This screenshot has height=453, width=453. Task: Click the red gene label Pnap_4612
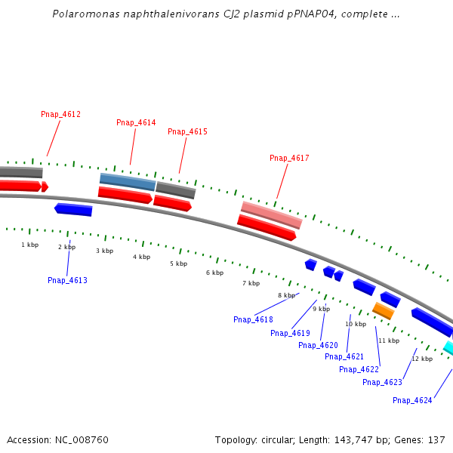pos(60,115)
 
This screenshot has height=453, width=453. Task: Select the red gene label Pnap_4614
pos(136,122)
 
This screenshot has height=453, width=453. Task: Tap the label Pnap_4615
pos(187,131)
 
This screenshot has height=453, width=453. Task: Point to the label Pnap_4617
pos(289,158)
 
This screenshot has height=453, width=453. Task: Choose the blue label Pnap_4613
pos(67,280)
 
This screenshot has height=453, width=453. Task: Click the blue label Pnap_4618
pos(253,319)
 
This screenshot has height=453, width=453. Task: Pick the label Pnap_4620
pos(318,345)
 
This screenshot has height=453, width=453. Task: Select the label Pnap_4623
pos(382,382)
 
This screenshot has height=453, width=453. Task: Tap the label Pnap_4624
pos(412,400)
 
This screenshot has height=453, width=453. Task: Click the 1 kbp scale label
pos(29,245)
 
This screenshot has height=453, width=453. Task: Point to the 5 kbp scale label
pos(178,263)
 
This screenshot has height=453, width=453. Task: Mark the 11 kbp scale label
pos(388,341)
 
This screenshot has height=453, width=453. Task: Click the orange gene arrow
pos(384,310)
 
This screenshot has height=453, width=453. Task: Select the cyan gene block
pos(448,347)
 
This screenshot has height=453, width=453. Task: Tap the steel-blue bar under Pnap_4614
pos(128,181)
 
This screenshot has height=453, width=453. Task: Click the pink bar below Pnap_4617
pos(271,214)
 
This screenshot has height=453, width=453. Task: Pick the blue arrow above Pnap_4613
pos(73,209)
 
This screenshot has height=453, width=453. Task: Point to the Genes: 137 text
pos(427,439)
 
